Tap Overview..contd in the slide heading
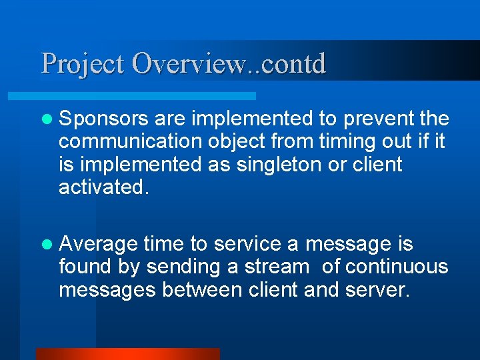coord(229,64)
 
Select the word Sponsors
coord(103,119)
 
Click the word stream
coord(277,267)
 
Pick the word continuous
coord(396,267)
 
